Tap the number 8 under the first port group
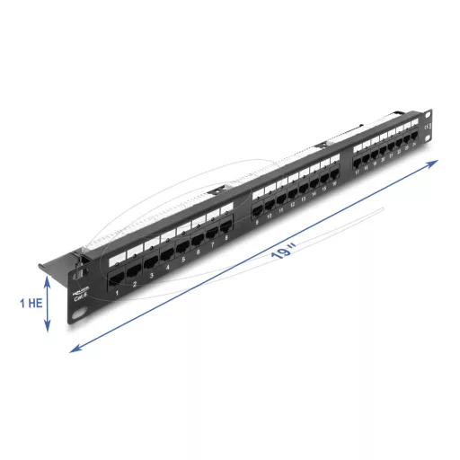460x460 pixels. [x=226, y=237]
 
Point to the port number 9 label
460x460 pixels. [x=258, y=221]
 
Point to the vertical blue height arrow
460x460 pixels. [x=47, y=304]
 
